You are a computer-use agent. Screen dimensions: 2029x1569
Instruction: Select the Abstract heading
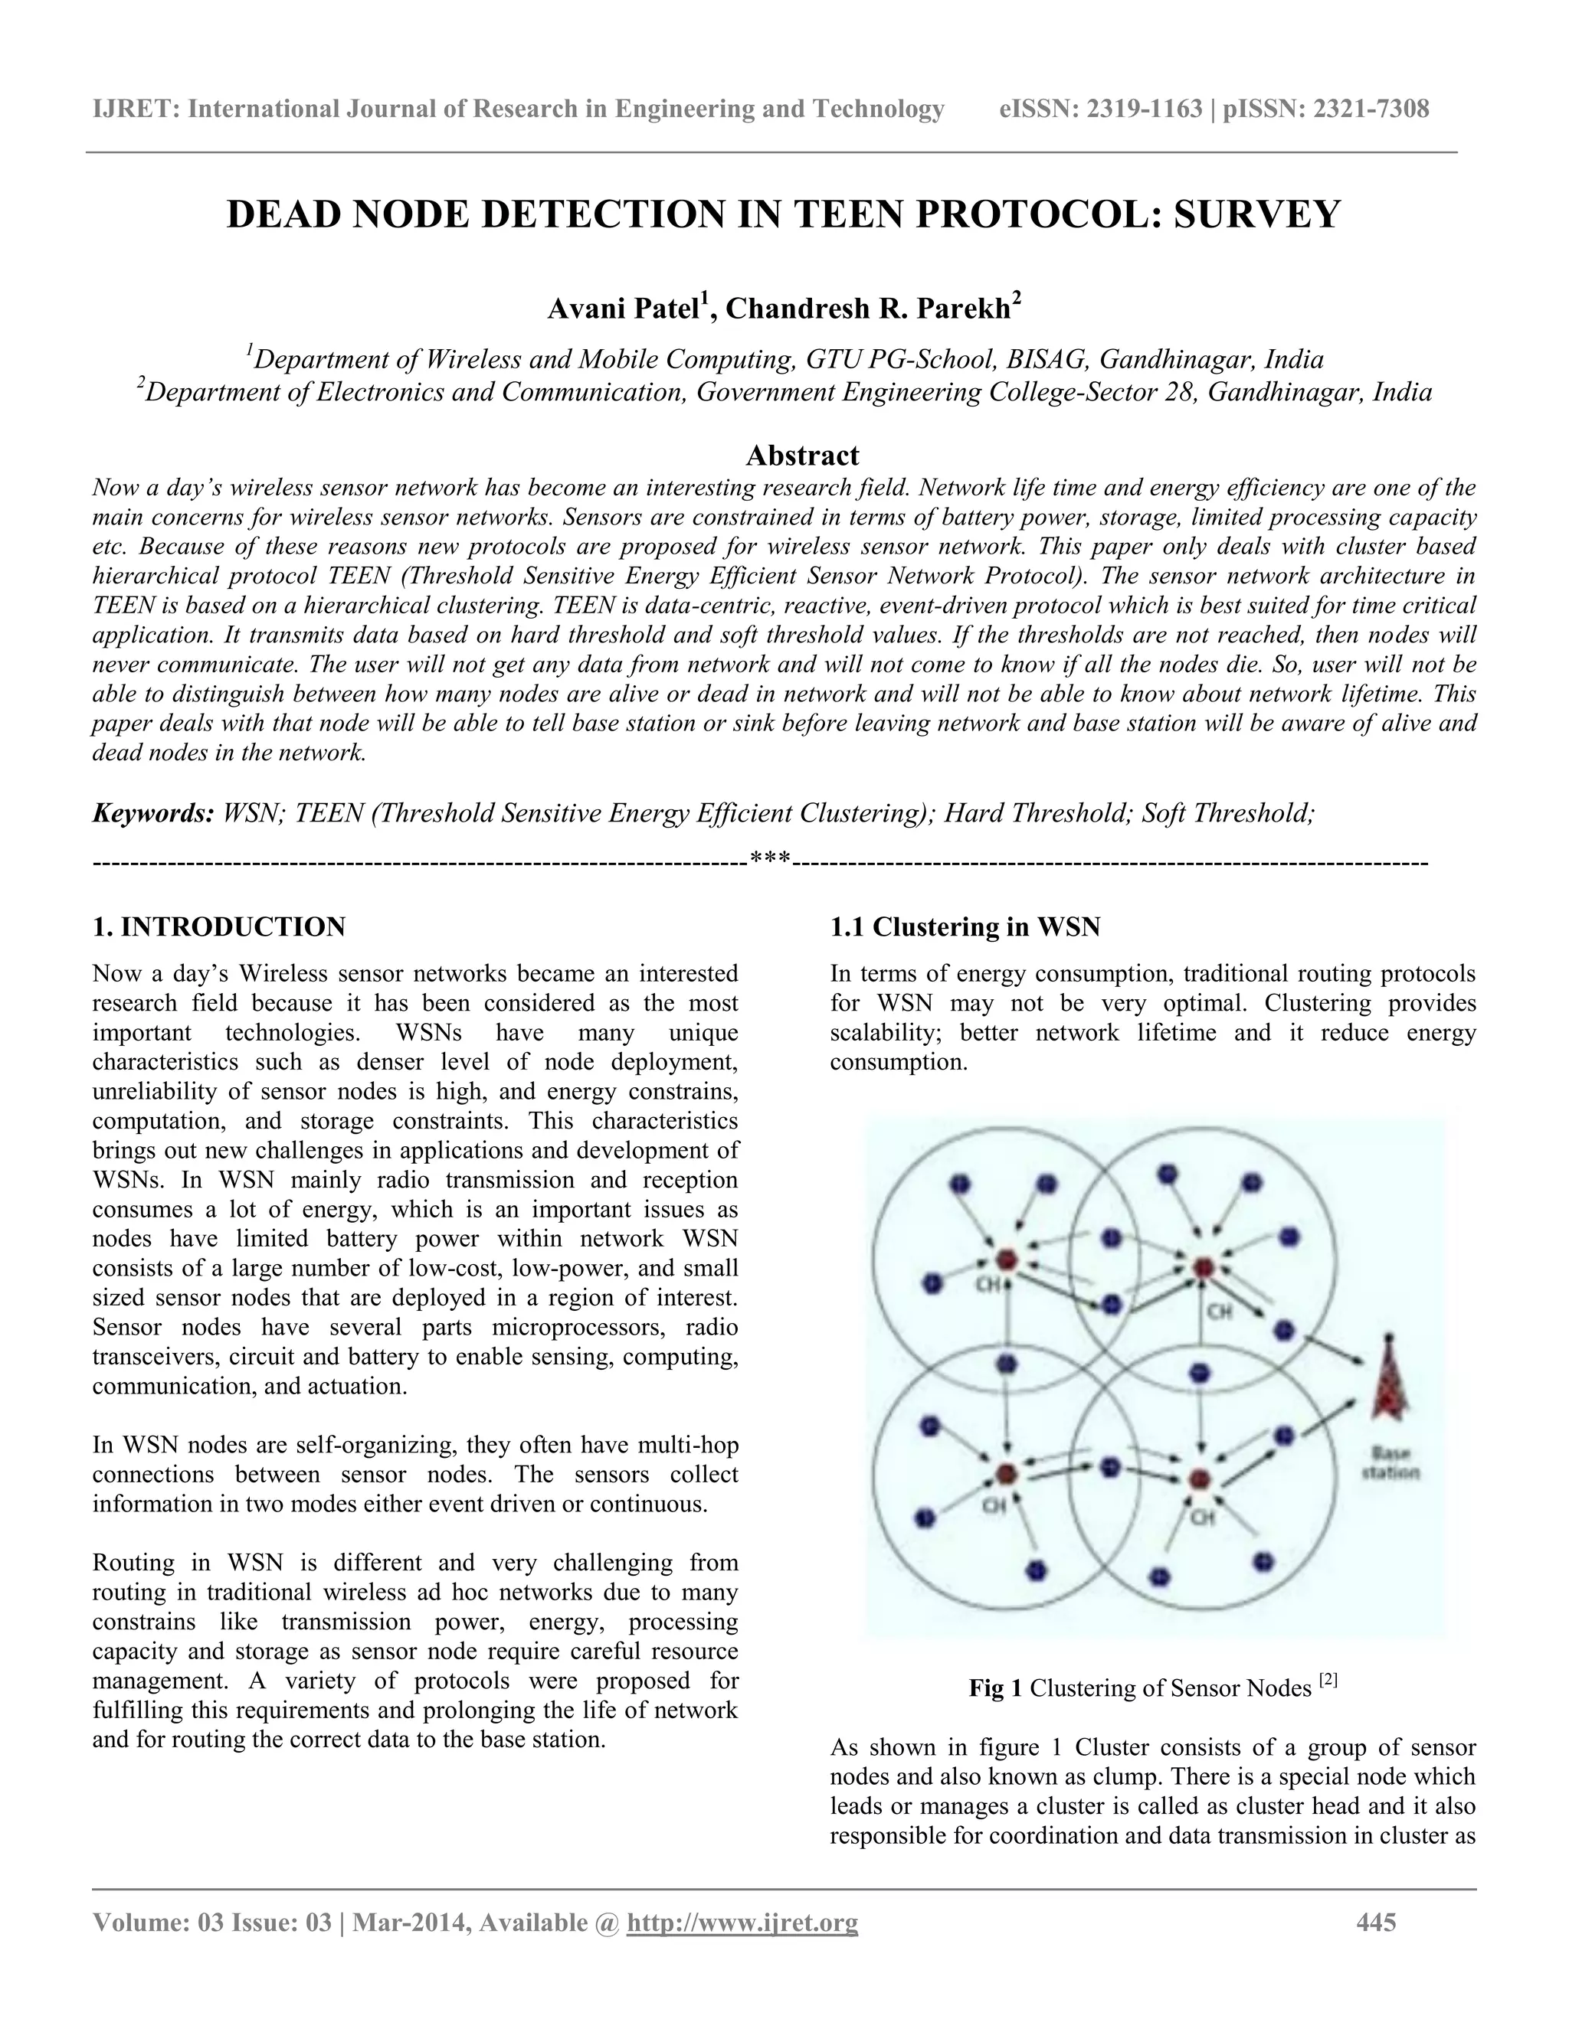click(x=802, y=456)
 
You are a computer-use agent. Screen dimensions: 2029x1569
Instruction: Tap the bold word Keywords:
click(x=153, y=814)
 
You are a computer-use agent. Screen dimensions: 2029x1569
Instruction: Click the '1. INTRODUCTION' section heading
click(x=219, y=926)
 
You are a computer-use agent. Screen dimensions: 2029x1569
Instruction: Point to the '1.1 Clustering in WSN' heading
click(x=965, y=926)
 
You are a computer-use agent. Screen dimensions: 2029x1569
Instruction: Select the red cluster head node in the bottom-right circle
click(x=1199, y=1478)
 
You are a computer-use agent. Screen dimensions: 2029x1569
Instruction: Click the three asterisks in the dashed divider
click(x=770, y=864)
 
